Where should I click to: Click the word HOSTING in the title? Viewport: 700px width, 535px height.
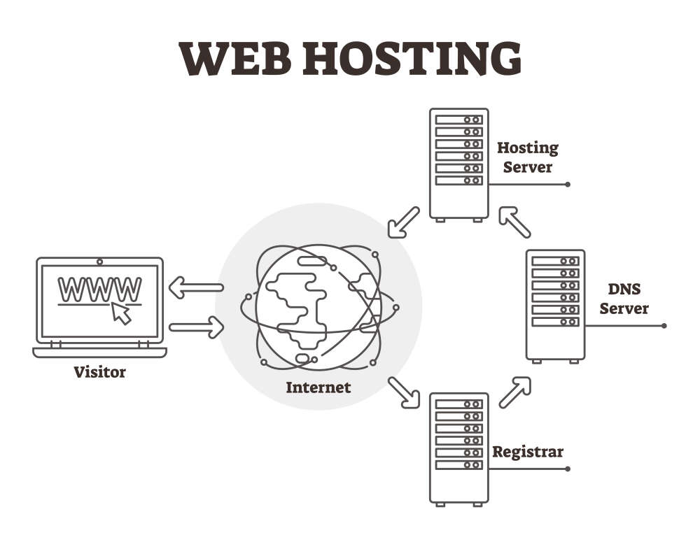click(412, 59)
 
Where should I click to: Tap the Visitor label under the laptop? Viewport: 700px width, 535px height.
click(100, 371)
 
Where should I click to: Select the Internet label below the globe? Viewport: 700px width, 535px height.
click(318, 386)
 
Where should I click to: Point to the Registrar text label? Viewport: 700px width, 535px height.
click(528, 451)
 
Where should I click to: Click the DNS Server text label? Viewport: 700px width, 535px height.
click(624, 299)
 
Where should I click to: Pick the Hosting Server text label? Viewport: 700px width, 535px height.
click(528, 157)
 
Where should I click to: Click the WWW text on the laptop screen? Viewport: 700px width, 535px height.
click(99, 288)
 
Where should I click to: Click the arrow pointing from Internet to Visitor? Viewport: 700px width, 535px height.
click(196, 287)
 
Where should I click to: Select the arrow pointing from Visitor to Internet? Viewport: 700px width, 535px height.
click(196, 326)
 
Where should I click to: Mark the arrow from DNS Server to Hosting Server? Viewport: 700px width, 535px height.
click(514, 222)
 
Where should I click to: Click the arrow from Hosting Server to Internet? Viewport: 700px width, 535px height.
click(404, 222)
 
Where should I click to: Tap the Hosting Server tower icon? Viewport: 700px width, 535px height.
click(458, 165)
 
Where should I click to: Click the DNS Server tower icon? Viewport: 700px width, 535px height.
click(555, 306)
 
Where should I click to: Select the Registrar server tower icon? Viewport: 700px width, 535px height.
click(458, 448)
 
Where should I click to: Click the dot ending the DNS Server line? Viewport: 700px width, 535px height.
click(664, 326)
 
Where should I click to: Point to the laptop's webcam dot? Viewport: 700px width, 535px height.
click(100, 262)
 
